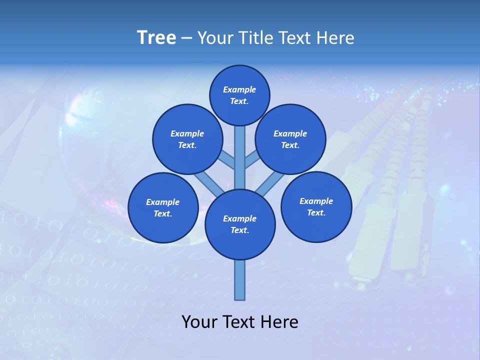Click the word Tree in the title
[156, 37]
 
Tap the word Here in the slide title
[335, 37]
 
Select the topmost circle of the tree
[239, 95]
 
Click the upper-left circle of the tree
[187, 139]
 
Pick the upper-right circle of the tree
[290, 139]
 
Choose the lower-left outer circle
[162, 207]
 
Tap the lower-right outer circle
[316, 206]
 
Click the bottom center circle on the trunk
[240, 224]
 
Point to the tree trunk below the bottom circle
[240, 280]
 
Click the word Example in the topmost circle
[239, 89]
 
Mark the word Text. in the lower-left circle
[162, 213]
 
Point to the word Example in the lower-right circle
[316, 201]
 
